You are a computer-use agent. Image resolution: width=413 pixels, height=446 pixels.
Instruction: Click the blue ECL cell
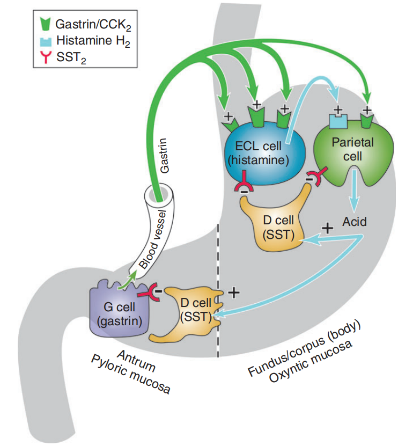(x=262, y=152)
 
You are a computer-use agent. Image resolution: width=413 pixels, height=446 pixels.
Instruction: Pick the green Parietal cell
(x=353, y=152)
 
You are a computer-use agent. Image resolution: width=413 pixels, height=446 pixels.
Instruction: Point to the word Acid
(x=355, y=221)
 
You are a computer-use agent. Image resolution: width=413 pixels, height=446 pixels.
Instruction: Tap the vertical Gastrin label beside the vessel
(x=165, y=156)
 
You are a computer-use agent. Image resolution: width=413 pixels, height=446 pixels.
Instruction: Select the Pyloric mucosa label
(x=131, y=378)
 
